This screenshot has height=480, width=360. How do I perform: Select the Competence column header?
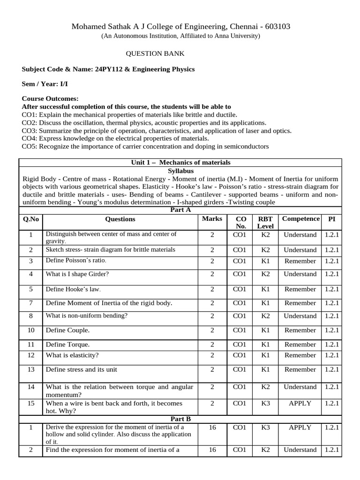[x=300, y=219]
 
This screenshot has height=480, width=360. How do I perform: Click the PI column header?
[x=331, y=219]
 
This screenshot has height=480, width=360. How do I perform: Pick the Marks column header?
[x=212, y=219]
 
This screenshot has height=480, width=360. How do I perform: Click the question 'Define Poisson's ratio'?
[x=76, y=261]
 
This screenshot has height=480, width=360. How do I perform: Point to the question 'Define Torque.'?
[x=67, y=345]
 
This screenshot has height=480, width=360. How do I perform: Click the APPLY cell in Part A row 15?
[x=300, y=404]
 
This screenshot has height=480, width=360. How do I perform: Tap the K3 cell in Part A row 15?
[x=265, y=404]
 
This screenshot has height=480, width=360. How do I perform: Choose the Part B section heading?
[x=180, y=419]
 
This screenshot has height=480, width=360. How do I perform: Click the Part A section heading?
[x=180, y=210]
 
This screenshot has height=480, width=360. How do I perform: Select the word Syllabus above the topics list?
[x=180, y=171]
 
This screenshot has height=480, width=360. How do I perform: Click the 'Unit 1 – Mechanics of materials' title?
[x=180, y=163]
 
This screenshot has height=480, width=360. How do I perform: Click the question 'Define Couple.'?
[x=67, y=330]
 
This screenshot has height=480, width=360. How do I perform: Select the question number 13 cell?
[x=31, y=370]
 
